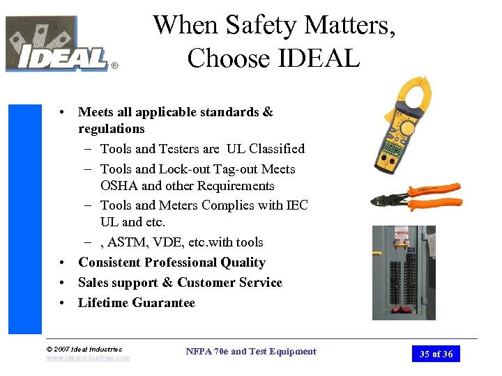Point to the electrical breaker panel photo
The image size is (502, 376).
403,272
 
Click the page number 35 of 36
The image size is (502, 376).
436,354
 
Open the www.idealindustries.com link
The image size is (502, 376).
88,358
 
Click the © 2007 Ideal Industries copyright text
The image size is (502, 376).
84,349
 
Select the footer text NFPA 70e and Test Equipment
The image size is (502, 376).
251,352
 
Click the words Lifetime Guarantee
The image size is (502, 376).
137,303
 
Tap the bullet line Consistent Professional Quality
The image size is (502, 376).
172,263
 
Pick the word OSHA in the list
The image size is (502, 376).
119,186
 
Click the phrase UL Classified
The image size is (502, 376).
266,149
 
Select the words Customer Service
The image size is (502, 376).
229,283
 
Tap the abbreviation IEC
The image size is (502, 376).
297,205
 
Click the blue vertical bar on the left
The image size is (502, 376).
24,219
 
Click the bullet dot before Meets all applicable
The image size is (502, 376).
63,113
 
